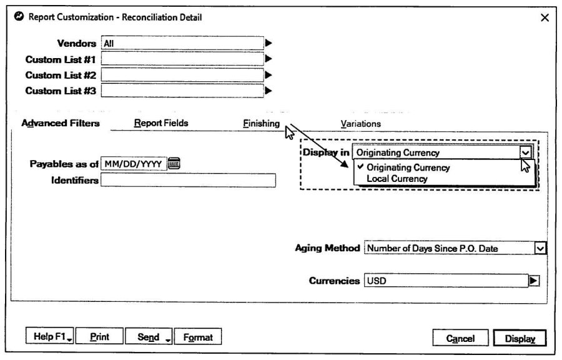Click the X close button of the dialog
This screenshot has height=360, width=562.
pos(545,17)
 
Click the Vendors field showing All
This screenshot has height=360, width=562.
pos(182,43)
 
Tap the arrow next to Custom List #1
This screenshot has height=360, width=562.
pos(269,59)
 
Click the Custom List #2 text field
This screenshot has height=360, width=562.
pos(182,75)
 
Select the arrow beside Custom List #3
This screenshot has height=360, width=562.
pos(269,91)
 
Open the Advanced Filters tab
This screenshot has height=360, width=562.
pos(61,123)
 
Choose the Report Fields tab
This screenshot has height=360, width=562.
pos(161,123)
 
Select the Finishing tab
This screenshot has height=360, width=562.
pos(261,123)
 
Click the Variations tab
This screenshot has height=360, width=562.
pos(360,124)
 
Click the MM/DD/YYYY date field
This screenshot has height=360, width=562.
pos(134,164)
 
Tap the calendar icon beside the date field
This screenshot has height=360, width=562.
pos(174,164)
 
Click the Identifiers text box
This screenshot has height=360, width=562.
pos(188,180)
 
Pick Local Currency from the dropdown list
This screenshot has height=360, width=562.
pos(397,179)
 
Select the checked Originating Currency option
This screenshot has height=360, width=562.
pos(408,167)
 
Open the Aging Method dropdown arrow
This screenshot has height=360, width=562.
pos(540,248)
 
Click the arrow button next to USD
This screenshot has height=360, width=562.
pos(534,281)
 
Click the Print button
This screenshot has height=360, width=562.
pos(99,337)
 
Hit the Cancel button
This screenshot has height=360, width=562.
pos(460,339)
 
